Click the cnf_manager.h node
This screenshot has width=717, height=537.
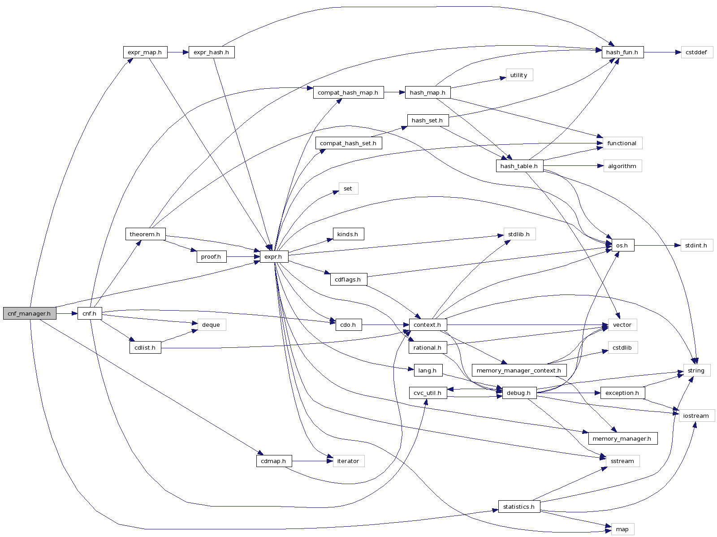[30, 313]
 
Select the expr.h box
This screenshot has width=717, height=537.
[273, 257]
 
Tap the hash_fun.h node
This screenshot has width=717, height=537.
[622, 52]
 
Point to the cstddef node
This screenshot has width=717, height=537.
[696, 52]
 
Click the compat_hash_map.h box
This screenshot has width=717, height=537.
[348, 93]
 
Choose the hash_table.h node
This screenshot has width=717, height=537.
[519, 166]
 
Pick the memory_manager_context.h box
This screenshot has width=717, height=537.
[519, 371]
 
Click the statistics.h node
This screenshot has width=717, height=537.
[519, 507]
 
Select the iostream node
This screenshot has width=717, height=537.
[696, 416]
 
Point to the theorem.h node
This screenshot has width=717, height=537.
[145, 234]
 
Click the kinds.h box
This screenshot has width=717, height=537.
[348, 234]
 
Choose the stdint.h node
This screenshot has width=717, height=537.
[696, 246]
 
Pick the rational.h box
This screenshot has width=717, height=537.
[428, 348]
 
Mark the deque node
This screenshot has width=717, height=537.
[211, 325]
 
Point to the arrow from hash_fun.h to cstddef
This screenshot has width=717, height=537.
[662, 52]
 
